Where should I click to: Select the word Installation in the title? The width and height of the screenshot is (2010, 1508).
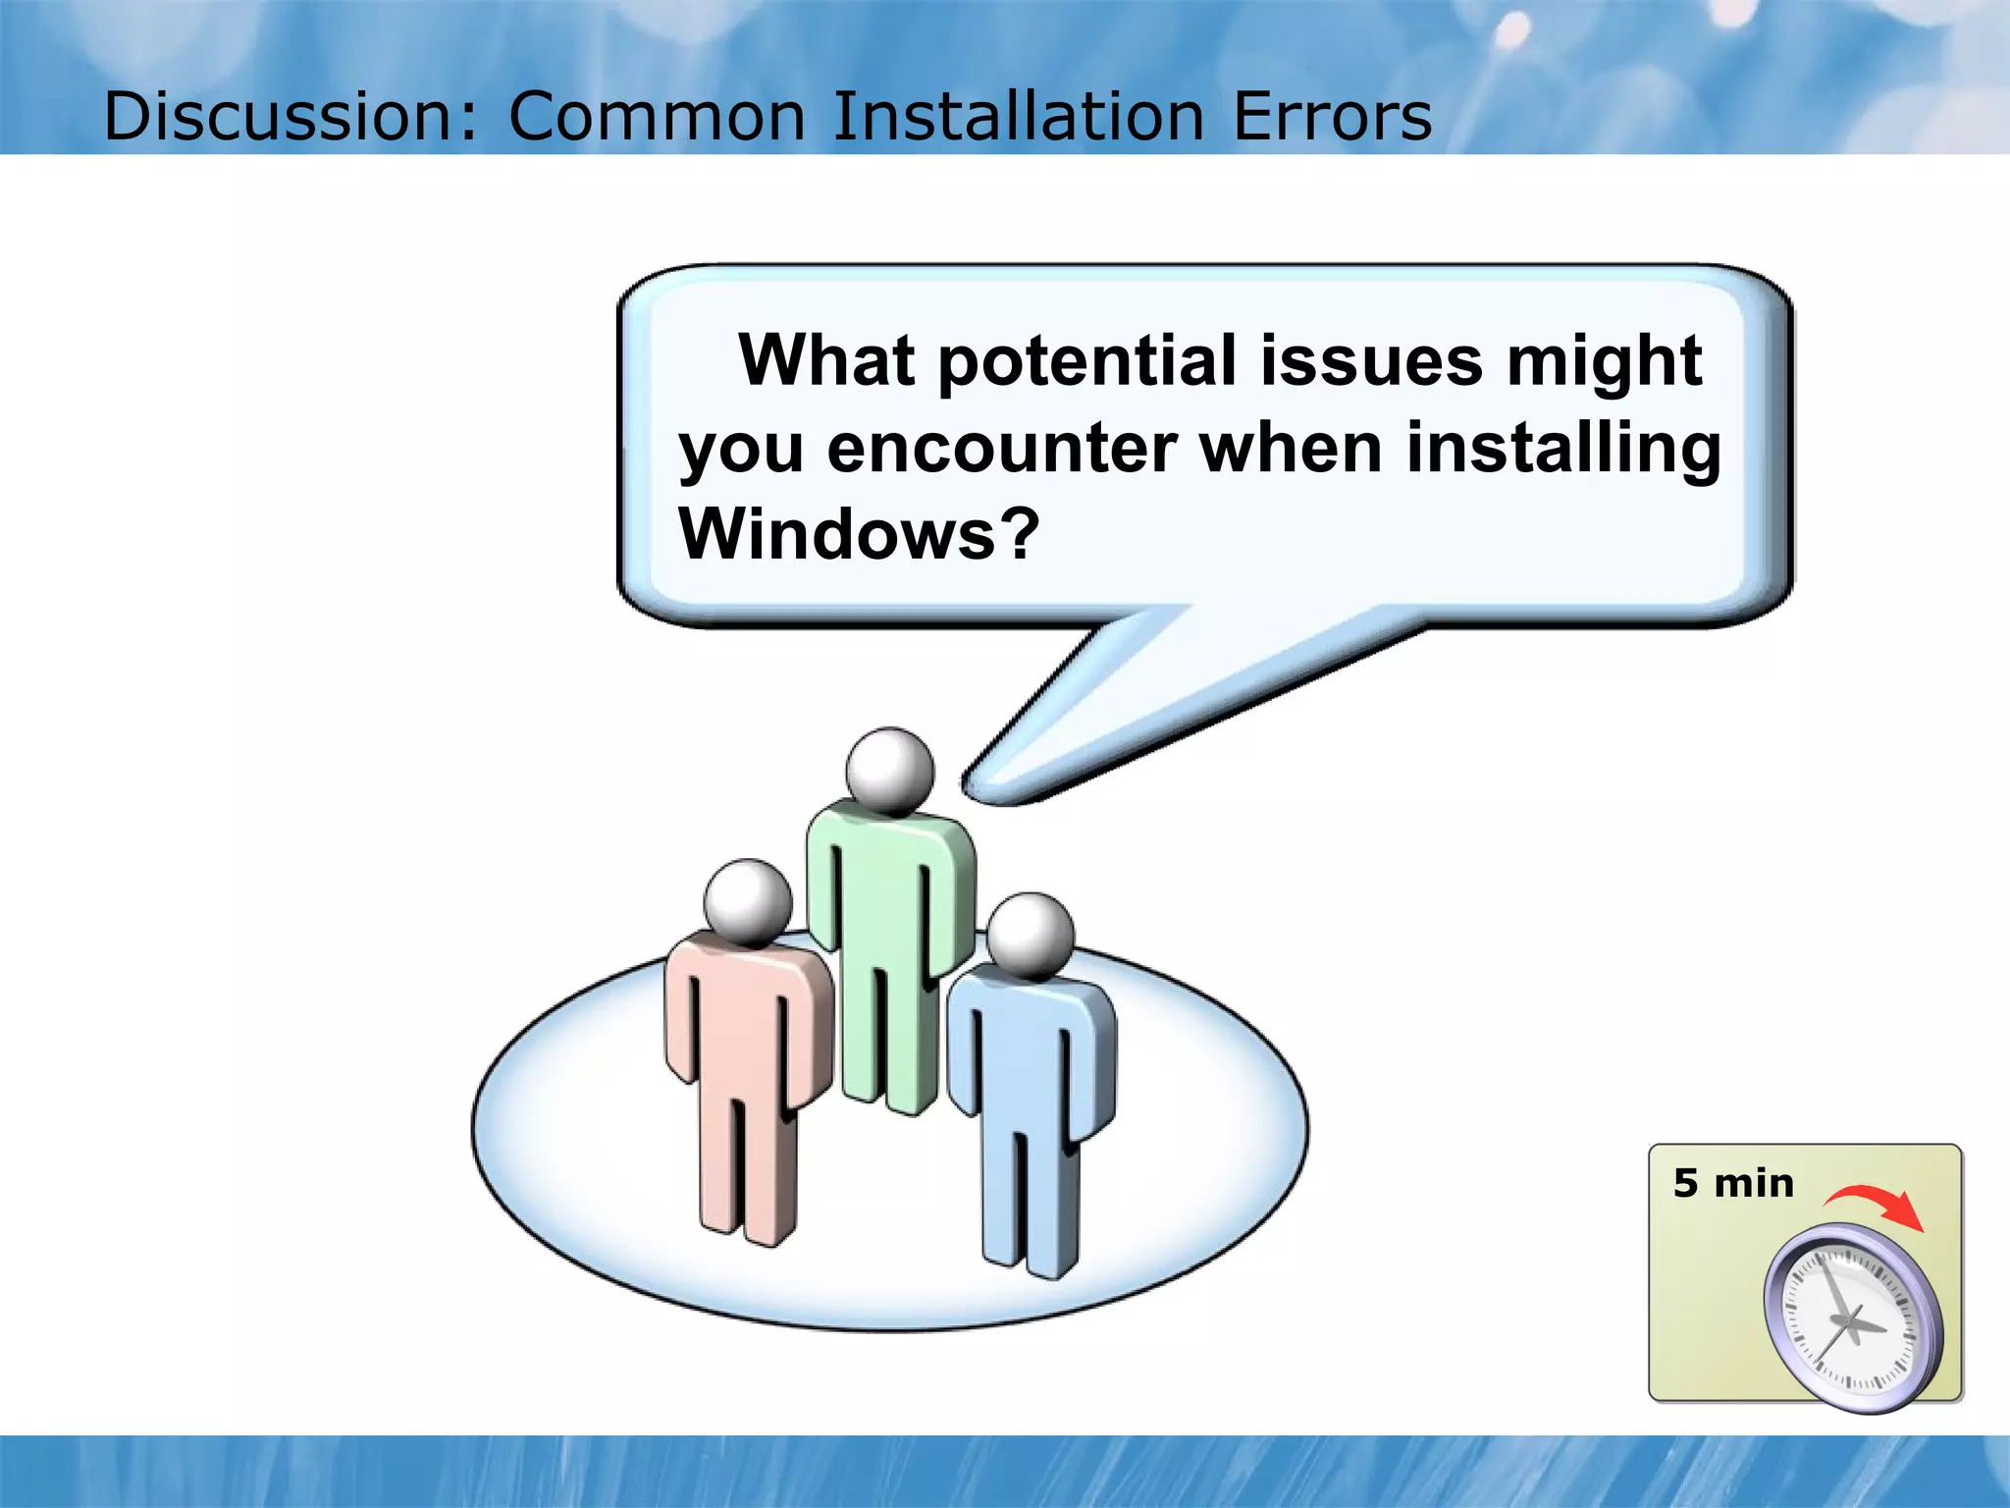(x=1018, y=116)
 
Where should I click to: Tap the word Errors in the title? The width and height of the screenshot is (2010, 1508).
(x=1332, y=116)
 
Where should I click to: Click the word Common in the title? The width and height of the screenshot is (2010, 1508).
(x=657, y=116)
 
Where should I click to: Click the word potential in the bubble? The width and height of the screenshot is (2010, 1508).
(x=1087, y=360)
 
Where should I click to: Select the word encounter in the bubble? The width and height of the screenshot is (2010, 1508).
(x=1001, y=448)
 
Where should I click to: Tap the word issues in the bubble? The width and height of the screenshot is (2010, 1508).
(x=1371, y=360)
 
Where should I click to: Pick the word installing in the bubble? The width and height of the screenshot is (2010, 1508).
(x=1562, y=448)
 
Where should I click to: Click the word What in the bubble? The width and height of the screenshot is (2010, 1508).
(x=826, y=360)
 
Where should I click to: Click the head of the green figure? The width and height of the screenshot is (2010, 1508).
(x=890, y=772)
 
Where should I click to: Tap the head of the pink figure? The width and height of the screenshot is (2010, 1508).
(x=748, y=901)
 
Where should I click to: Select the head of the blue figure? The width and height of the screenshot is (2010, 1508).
(x=1030, y=935)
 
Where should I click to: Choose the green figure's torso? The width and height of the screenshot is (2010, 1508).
(x=888, y=884)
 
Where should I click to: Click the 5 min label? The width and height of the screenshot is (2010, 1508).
(x=1733, y=1184)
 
